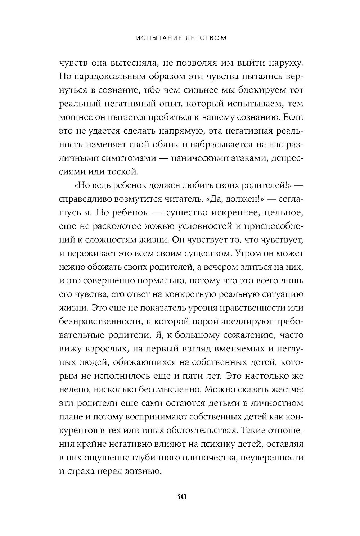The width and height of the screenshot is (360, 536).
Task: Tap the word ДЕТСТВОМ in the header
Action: click(x=205, y=38)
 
